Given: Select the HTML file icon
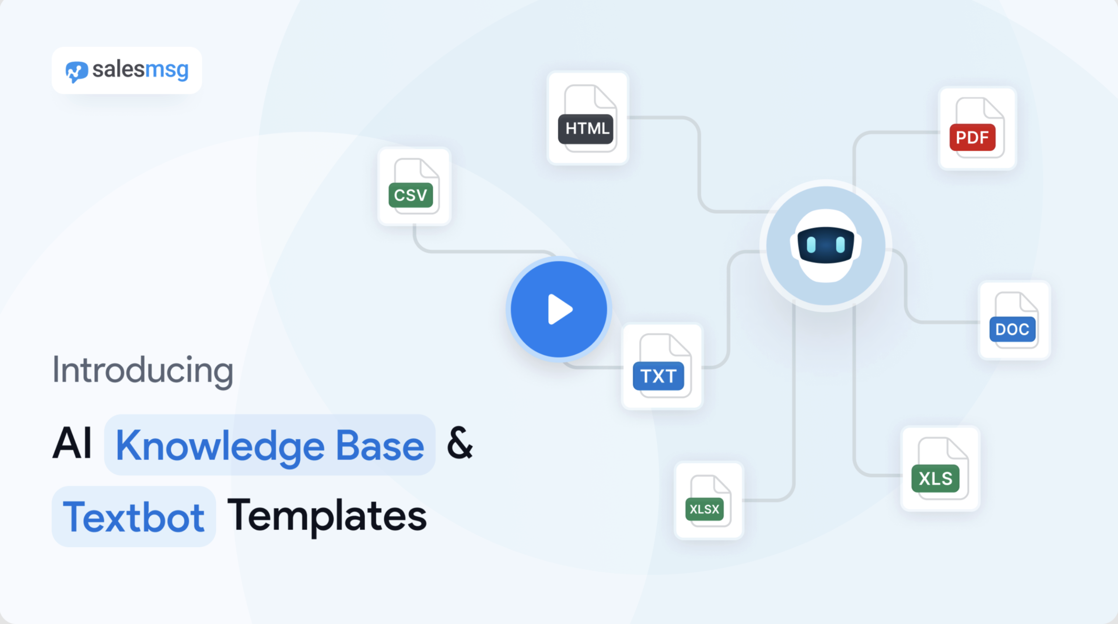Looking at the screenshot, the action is point(588,118).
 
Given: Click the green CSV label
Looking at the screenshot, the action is point(411,195).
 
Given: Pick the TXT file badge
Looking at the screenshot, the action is point(658,376).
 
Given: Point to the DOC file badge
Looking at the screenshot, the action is point(1012,329).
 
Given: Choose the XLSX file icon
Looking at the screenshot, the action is point(708,501).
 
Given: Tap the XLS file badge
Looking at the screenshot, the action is point(935,478).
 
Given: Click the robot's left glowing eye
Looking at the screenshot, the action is point(811,244).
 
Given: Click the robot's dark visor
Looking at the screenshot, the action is point(825,244).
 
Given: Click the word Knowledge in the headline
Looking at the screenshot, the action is point(220,446).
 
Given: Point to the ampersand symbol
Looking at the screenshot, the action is point(460,443).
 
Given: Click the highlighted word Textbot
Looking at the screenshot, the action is point(134,517).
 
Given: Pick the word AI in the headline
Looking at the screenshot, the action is point(72,443).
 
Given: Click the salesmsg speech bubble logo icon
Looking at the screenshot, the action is point(77,72).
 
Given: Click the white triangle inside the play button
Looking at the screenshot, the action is point(559,309).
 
